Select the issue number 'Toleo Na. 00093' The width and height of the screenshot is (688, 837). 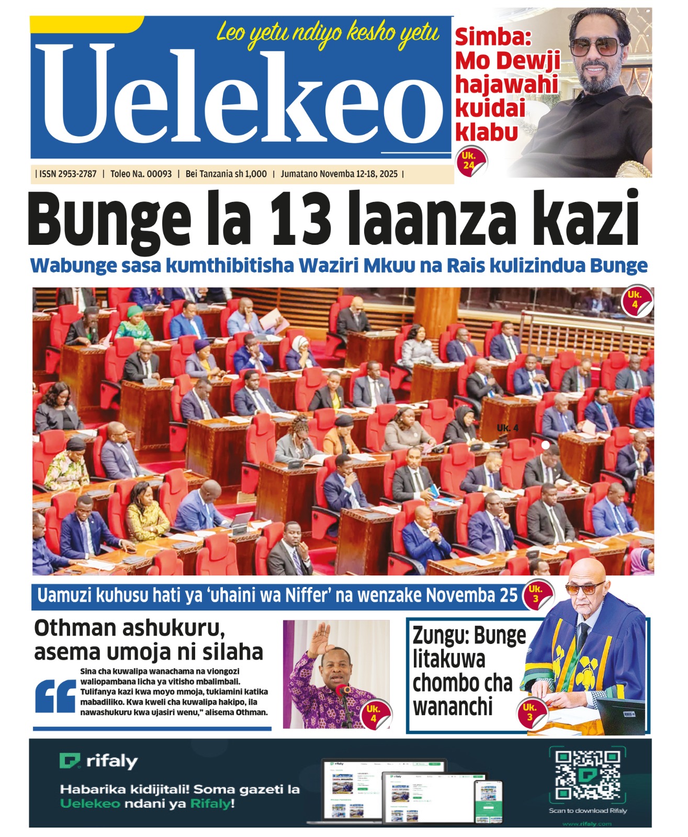point(141,174)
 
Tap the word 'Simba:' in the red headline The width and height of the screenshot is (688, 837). point(493,38)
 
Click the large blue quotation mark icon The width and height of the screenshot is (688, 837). point(55,696)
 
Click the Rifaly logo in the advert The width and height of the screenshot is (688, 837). point(99,761)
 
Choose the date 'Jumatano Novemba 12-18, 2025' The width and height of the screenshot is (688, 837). point(339,174)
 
